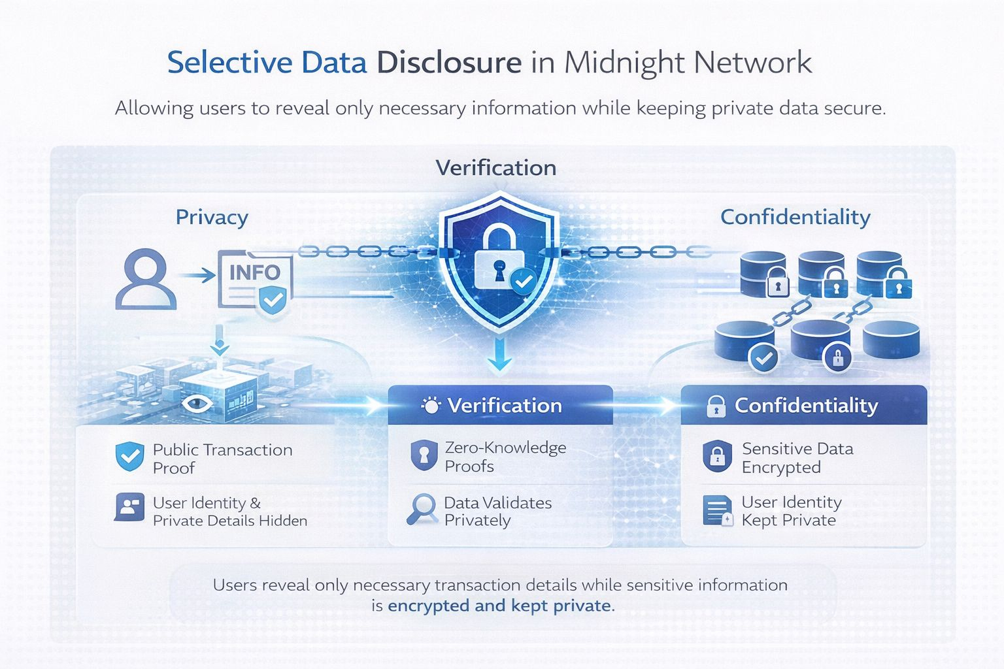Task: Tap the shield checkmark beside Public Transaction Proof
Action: pos(129,457)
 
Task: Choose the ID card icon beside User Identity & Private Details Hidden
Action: pos(129,507)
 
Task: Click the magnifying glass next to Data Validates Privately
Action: pos(422,508)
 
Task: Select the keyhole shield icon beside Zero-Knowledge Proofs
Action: pos(424,455)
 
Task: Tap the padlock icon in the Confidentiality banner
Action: pos(716,406)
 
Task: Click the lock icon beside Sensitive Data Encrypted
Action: pos(717,456)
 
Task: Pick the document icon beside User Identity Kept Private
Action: pos(718,511)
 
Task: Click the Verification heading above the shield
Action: pos(496,168)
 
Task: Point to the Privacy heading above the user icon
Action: pos(212,217)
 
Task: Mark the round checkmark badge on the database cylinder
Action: pos(763,357)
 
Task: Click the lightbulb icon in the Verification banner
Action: pos(431,406)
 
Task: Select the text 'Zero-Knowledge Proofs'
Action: pos(505,457)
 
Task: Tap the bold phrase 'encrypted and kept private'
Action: pos(499,606)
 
